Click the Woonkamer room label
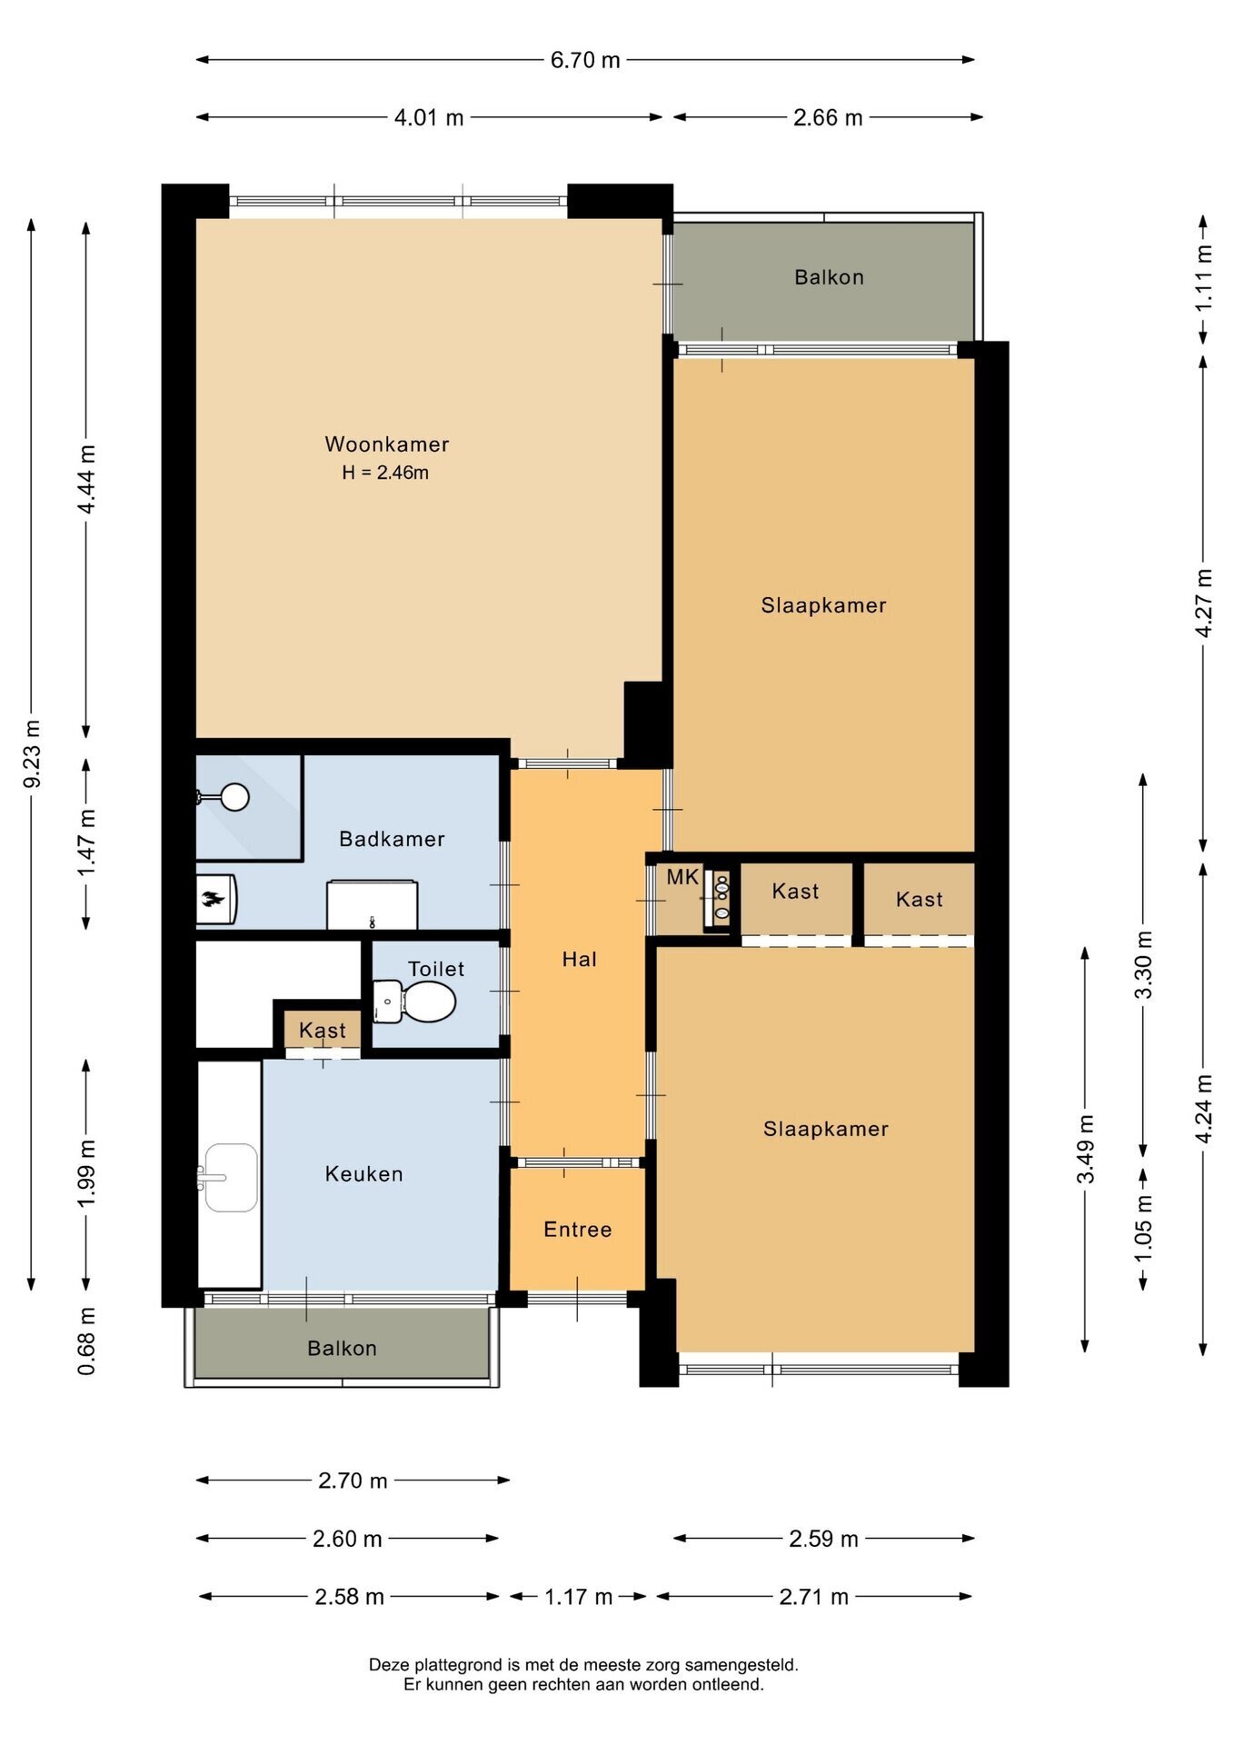pyautogui.click(x=387, y=444)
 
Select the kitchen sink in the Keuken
pyautogui.click(x=231, y=1178)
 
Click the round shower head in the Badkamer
pyautogui.click(x=235, y=797)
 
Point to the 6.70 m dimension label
pyautogui.click(x=585, y=60)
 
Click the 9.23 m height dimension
pyautogui.click(x=32, y=753)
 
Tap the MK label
pyautogui.click(x=682, y=877)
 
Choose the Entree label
pyautogui.click(x=578, y=1230)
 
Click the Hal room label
pyautogui.click(x=580, y=959)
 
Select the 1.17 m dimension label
pyautogui.click(x=579, y=1597)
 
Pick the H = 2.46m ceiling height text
pyautogui.click(x=385, y=473)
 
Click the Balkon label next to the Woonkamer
pyautogui.click(x=829, y=277)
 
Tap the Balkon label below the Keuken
pyautogui.click(x=342, y=1348)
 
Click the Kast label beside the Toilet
pyautogui.click(x=323, y=1031)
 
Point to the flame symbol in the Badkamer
pyautogui.click(x=213, y=900)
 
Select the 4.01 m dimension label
pyautogui.click(x=429, y=118)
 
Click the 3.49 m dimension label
pyautogui.click(x=1086, y=1149)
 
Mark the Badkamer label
pyautogui.click(x=392, y=839)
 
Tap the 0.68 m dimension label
pyautogui.click(x=86, y=1341)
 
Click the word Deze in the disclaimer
pyautogui.click(x=390, y=1665)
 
